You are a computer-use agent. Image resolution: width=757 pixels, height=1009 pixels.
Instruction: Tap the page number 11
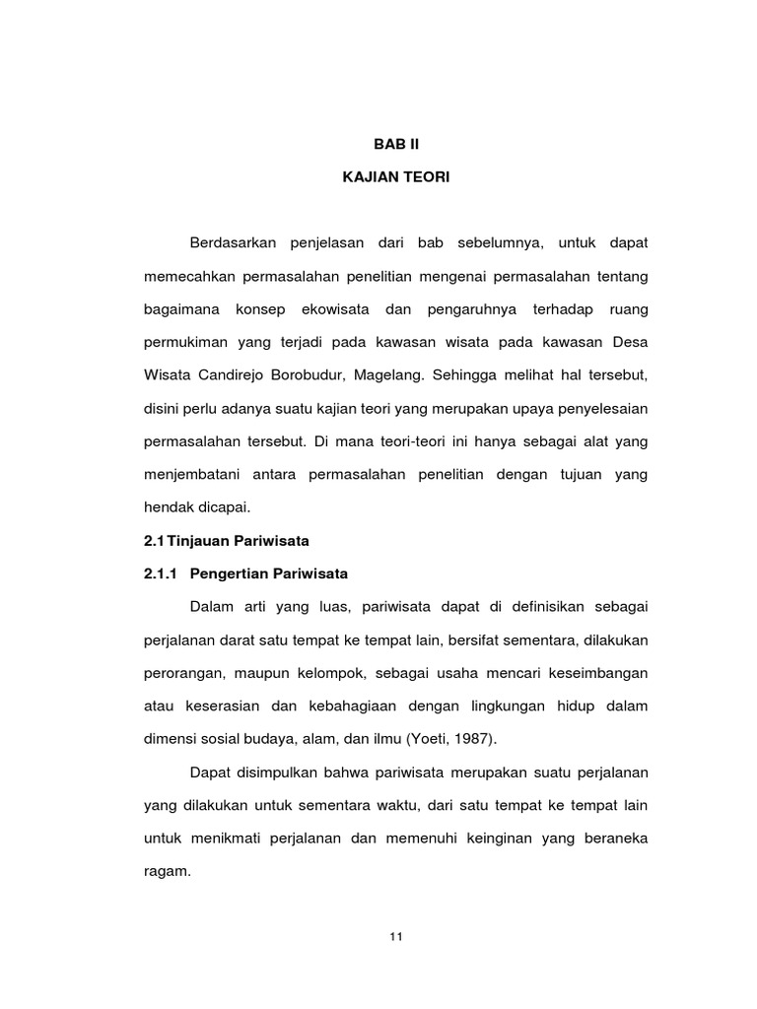[395, 936]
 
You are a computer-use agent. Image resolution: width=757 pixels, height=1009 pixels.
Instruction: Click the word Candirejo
[233, 376]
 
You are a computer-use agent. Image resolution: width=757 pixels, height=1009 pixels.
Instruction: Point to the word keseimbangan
[593, 672]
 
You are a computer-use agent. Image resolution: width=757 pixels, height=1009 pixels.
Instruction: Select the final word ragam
[167, 872]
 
